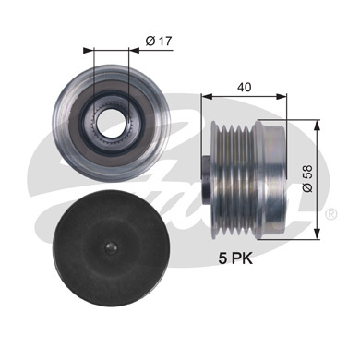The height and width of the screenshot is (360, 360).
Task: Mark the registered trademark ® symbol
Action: pyautogui.click(x=330, y=214)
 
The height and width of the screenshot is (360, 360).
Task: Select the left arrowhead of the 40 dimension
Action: pyautogui.click(x=205, y=95)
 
